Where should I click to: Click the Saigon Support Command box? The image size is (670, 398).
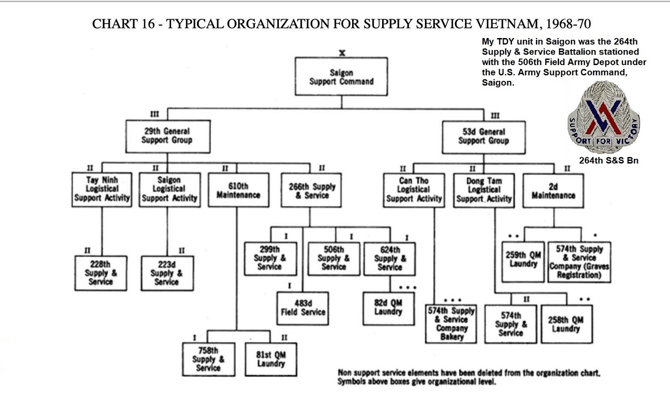click(341, 77)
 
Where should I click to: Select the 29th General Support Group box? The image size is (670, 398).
click(168, 136)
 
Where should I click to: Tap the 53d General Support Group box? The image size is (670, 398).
click(483, 136)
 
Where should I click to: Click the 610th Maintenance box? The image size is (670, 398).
click(238, 189)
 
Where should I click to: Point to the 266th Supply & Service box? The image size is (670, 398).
click(312, 189)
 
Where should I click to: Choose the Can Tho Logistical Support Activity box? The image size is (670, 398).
click(414, 189)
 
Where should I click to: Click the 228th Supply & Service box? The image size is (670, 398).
click(101, 273)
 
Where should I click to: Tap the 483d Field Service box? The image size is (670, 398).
click(303, 308)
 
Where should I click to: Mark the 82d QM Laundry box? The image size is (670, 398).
click(389, 308)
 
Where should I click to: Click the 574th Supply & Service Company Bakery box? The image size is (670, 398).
click(451, 324)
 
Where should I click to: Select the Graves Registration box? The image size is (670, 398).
click(579, 262)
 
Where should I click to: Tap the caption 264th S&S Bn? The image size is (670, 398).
click(609, 161)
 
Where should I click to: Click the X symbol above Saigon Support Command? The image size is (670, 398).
click(342, 52)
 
